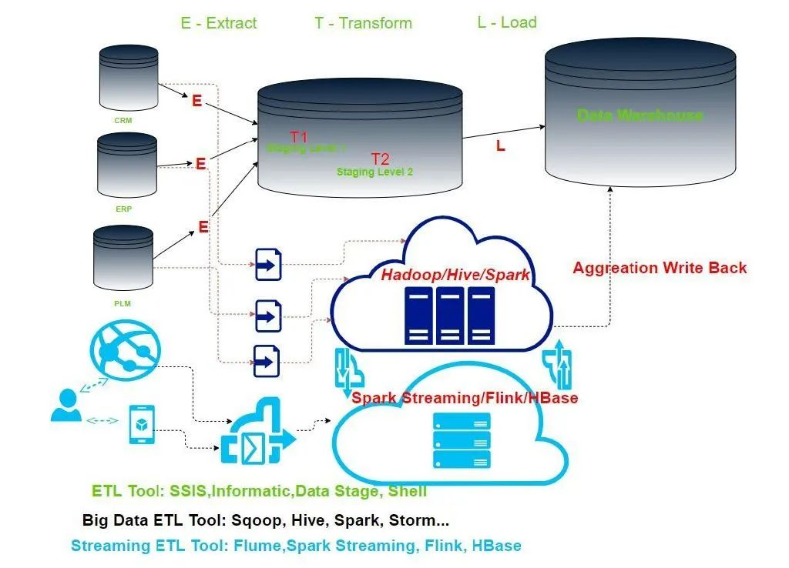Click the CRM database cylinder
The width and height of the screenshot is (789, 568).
tap(129, 77)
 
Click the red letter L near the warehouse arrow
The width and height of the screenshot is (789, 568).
tap(501, 146)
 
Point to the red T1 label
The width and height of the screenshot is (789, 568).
tap(299, 137)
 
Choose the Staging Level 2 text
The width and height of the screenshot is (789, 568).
tap(374, 172)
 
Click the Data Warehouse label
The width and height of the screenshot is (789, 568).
tap(640, 115)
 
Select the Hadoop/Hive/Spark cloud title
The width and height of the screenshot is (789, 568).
tap(455, 275)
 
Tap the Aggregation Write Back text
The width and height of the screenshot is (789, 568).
tap(660, 268)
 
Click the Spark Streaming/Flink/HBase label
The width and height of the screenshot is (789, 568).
tap(465, 398)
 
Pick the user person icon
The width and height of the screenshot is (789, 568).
tap(65, 406)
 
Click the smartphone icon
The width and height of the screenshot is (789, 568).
tap(142, 425)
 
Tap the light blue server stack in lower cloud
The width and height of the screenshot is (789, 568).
tap(461, 440)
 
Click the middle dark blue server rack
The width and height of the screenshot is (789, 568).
tap(450, 315)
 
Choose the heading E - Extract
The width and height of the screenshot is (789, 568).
tap(219, 23)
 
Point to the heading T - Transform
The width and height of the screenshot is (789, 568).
tap(363, 23)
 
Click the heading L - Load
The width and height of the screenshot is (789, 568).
tap(506, 22)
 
